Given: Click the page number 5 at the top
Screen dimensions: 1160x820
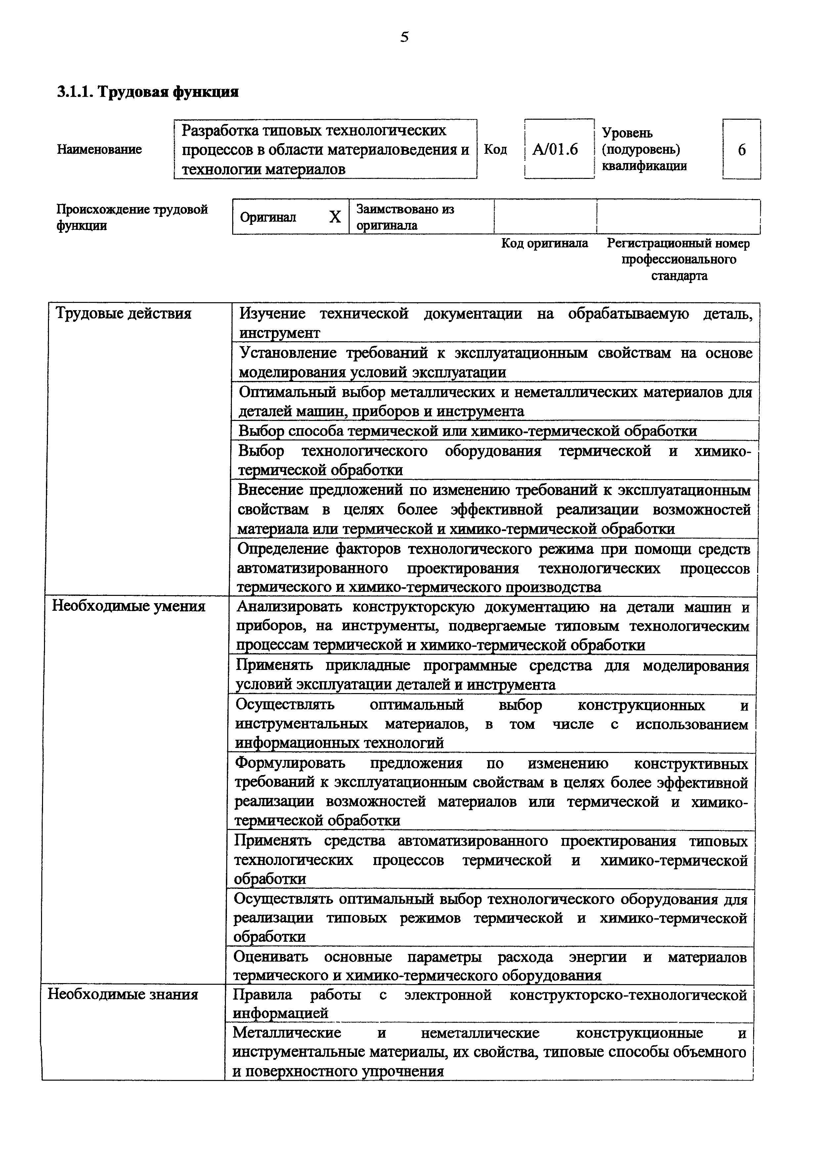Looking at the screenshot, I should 404,37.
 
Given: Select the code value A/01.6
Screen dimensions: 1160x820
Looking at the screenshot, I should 555,149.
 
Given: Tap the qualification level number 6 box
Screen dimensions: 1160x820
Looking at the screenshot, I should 742,149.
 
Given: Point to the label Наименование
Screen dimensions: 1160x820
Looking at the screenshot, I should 100,149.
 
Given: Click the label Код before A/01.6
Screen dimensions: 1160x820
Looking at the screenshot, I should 495,149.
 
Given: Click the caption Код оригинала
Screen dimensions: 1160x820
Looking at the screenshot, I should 545,243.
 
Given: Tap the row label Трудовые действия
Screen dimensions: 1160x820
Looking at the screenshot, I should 123,314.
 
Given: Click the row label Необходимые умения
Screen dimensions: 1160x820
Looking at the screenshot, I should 128,606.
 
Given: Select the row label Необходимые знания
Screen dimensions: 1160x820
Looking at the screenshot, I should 123,994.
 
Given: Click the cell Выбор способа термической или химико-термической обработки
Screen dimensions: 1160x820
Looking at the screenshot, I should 467,431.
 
